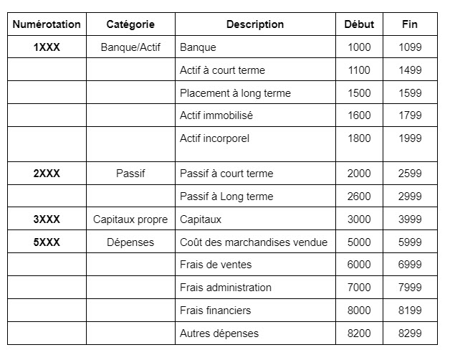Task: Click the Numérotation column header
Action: click(x=47, y=24)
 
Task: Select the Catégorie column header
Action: click(x=130, y=24)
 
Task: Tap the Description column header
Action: click(x=254, y=24)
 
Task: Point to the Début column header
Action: click(x=359, y=24)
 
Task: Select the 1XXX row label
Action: click(x=47, y=47)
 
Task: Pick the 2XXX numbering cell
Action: click(x=47, y=174)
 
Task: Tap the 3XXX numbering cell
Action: click(x=47, y=219)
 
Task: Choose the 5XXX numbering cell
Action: click(x=47, y=242)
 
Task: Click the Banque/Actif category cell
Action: click(x=130, y=47)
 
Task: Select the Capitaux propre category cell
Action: click(x=130, y=219)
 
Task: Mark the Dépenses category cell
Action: click(x=130, y=242)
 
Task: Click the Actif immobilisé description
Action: click(x=216, y=115)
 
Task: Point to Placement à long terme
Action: click(x=235, y=93)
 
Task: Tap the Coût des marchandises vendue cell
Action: click(x=253, y=242)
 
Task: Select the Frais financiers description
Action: click(x=215, y=311)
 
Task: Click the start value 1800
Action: click(x=359, y=138)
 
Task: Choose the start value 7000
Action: click(x=359, y=288)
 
